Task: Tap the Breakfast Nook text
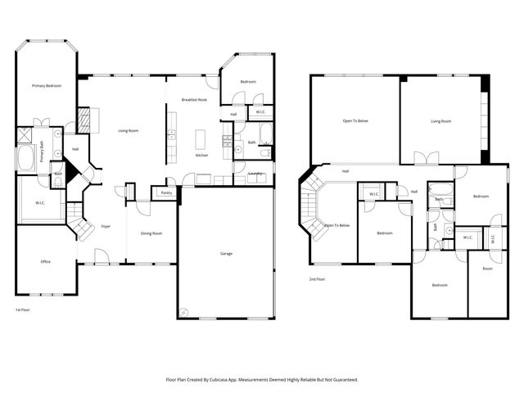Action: pos(193,100)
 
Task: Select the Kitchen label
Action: pos(201,156)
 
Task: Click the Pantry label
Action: pos(165,193)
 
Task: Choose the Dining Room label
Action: pos(151,233)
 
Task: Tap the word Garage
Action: pos(226,254)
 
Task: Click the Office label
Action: pos(46,262)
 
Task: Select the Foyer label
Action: pos(106,226)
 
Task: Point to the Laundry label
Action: pos(254,174)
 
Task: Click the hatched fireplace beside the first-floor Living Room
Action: pos(83,119)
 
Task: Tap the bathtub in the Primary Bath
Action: pos(26,157)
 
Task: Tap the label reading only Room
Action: pos(487,269)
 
